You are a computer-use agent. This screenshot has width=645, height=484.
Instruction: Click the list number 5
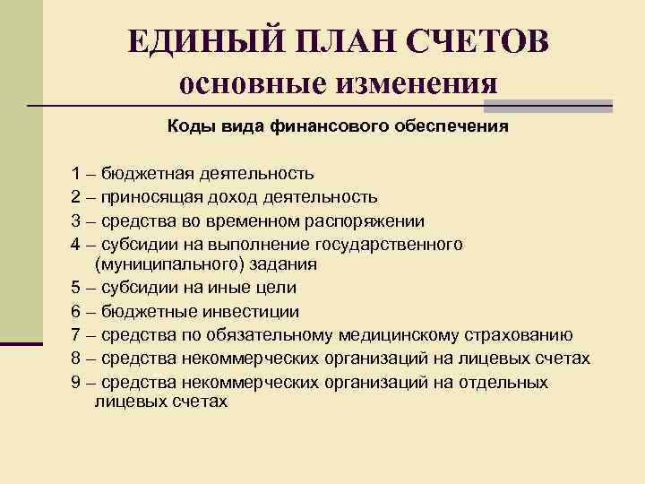pos(76,289)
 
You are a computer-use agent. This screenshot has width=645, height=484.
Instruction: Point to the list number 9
pos(76,383)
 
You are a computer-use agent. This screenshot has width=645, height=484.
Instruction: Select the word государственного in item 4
pos(390,243)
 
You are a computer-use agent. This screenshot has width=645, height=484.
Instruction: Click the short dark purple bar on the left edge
pos(21,342)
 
